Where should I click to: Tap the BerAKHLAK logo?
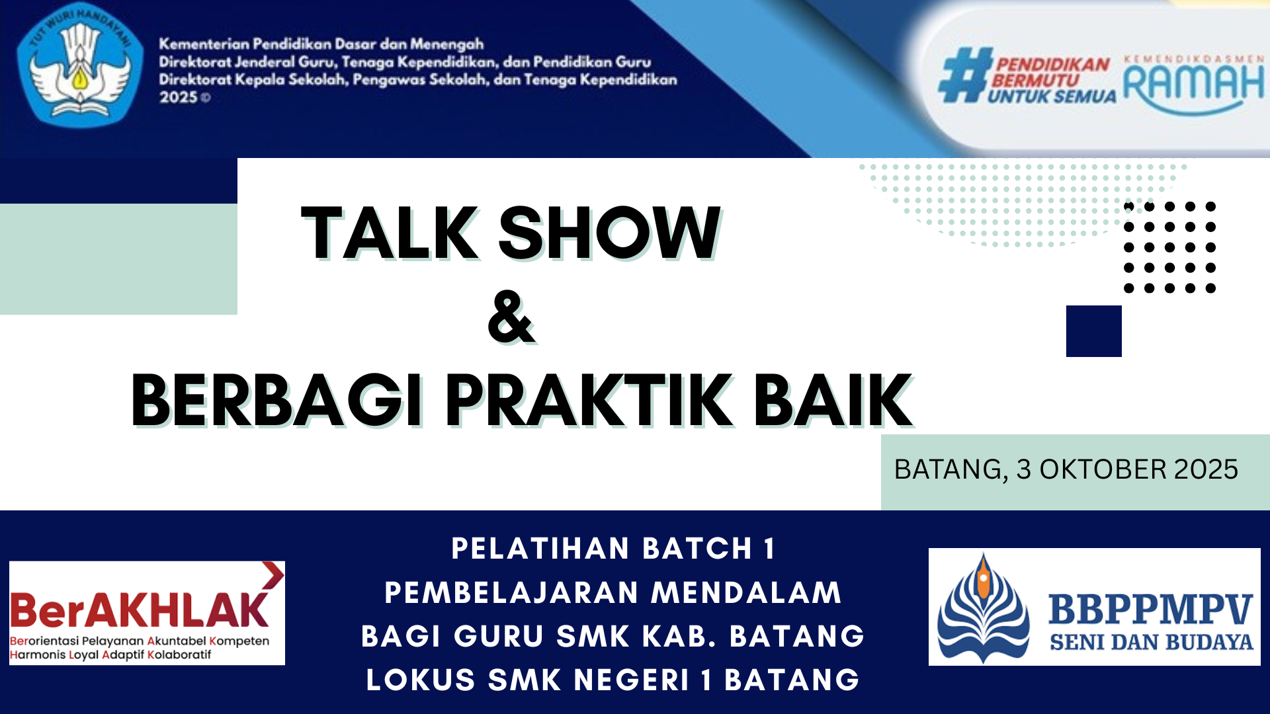tap(147, 613)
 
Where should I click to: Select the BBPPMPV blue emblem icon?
tap(984, 608)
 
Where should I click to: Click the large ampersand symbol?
tap(511, 318)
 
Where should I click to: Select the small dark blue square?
tap(1094, 331)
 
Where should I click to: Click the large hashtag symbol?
tap(965, 75)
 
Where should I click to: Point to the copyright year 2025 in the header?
tap(179, 97)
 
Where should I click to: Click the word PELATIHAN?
tap(540, 549)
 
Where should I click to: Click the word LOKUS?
tap(421, 680)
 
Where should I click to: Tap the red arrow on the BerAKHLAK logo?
tap(273, 575)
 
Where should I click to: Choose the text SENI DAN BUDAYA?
tap(1152, 642)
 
